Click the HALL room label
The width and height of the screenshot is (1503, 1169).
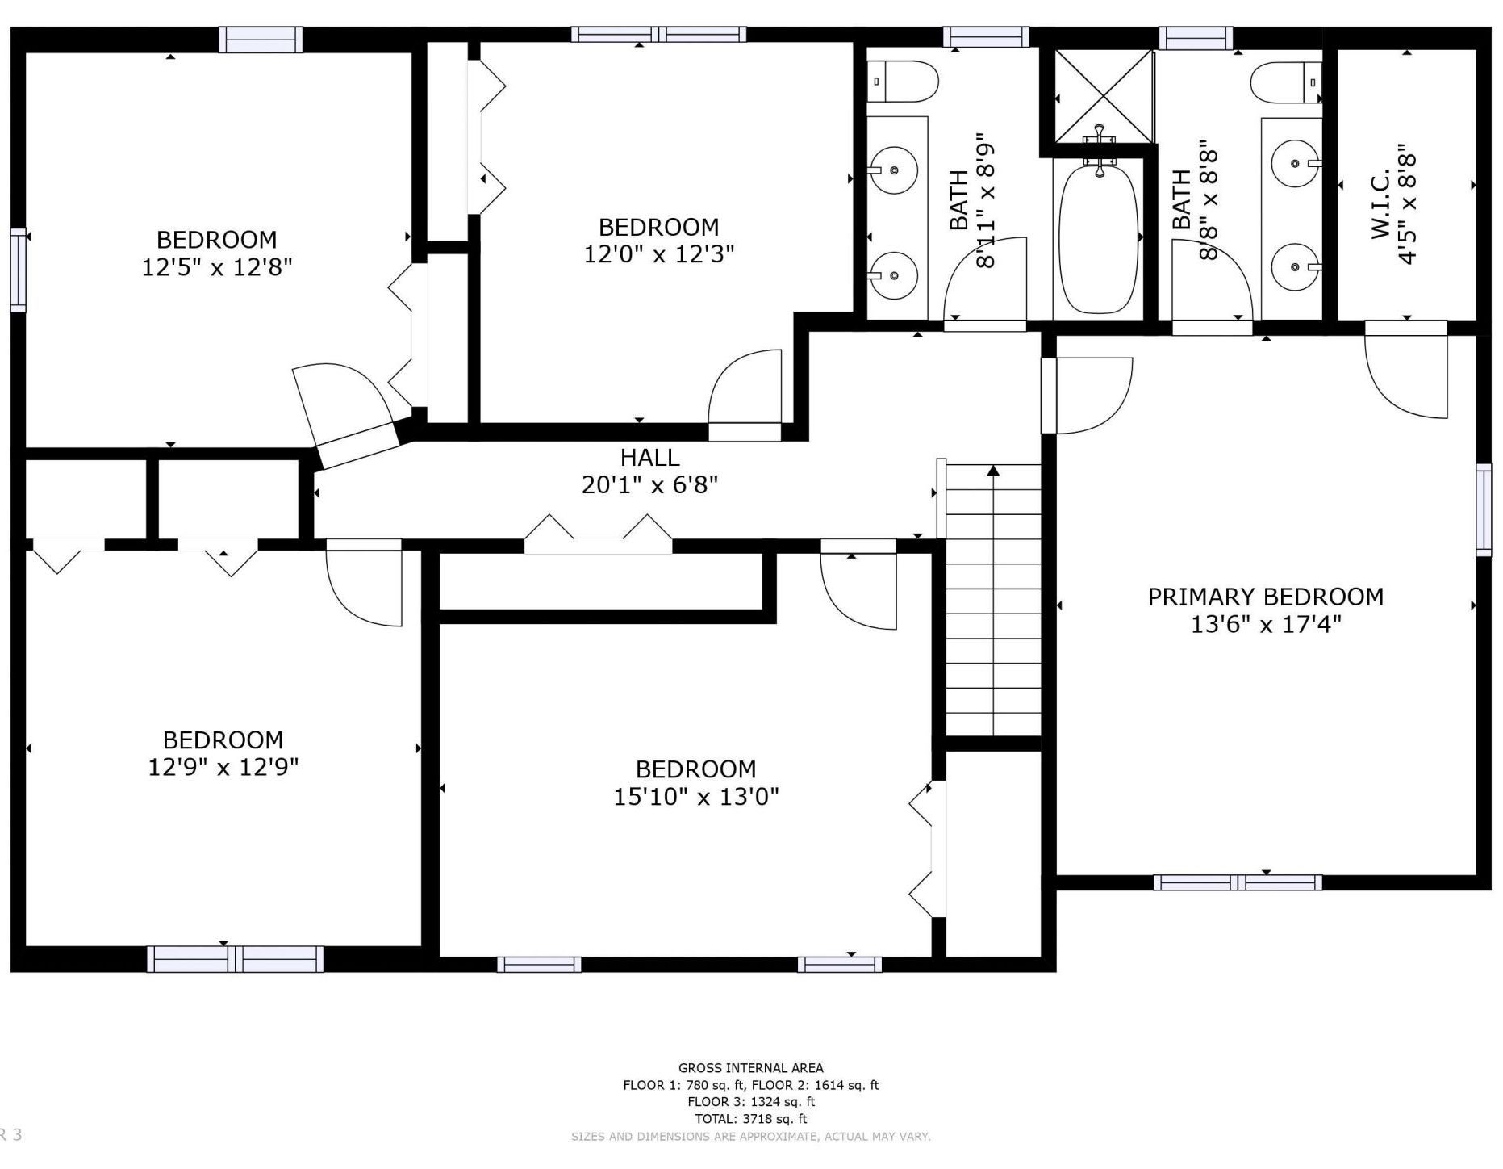(x=649, y=458)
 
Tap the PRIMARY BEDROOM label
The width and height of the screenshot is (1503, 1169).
(x=1265, y=597)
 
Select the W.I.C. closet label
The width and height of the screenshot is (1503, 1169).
(x=1380, y=203)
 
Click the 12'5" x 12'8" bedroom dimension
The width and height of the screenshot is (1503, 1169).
(x=217, y=267)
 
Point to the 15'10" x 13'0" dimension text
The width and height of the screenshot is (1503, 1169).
(x=696, y=797)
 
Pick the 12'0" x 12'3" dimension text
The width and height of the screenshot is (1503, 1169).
(x=659, y=254)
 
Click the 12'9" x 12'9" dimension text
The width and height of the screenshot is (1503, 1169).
(x=223, y=767)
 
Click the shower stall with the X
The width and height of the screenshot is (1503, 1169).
(x=1104, y=96)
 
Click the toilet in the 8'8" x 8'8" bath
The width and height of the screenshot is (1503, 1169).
(x=1286, y=82)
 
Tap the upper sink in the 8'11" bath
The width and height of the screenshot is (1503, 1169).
(x=894, y=170)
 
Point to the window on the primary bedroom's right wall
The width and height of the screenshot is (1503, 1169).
(x=1484, y=510)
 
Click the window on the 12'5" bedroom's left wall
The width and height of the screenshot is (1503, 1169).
(x=18, y=270)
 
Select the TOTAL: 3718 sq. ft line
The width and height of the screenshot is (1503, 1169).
(x=751, y=1119)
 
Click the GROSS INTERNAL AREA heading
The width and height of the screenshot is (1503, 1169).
(x=751, y=1068)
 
